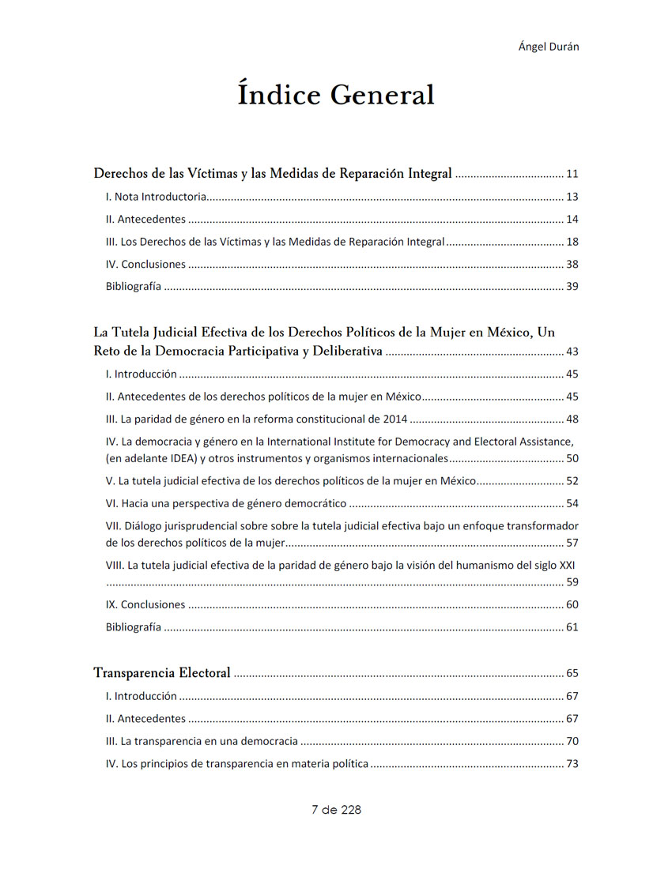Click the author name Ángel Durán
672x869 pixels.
[549, 47]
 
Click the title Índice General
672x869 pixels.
[336, 95]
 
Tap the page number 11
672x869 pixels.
[572, 174]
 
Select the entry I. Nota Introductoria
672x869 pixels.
[157, 197]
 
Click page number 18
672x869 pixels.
[572, 242]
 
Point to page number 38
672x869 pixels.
[572, 265]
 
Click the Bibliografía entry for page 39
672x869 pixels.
[134, 287]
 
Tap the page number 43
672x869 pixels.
[572, 352]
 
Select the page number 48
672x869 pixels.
[572, 419]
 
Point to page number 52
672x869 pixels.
[572, 481]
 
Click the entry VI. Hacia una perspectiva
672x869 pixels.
[226, 503]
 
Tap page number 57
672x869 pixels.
[572, 543]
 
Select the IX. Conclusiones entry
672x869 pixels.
[145, 604]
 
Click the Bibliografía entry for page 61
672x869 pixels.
[134, 627]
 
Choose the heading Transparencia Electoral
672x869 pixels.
[162, 673]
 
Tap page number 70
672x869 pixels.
[572, 742]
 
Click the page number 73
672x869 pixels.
[572, 764]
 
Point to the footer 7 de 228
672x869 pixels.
[336, 809]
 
